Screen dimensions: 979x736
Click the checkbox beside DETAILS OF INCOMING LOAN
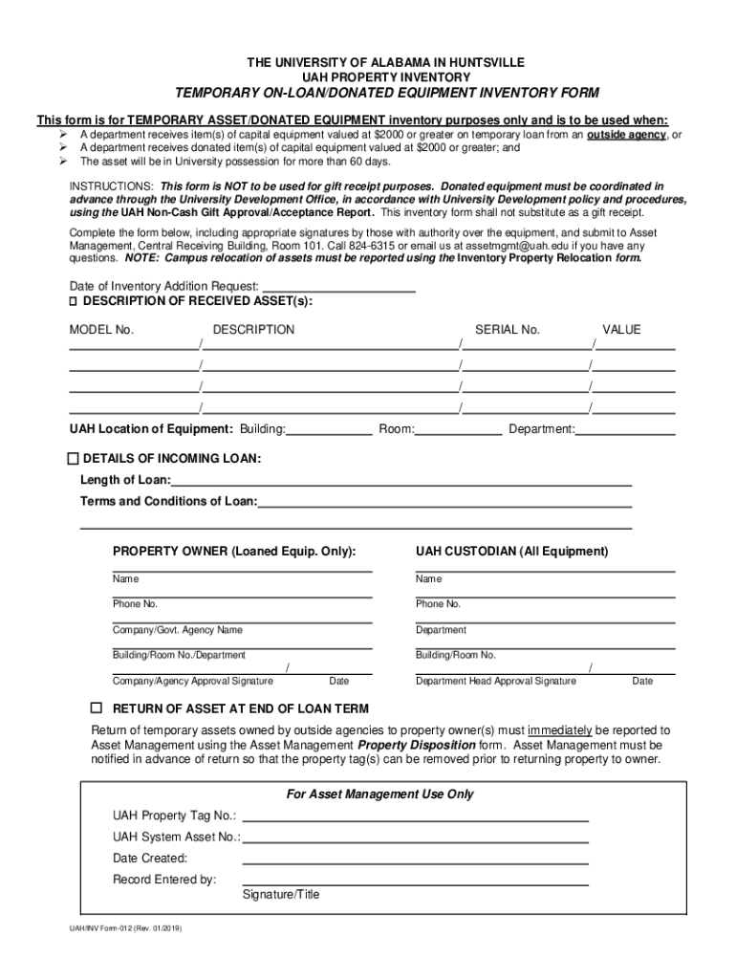(76, 458)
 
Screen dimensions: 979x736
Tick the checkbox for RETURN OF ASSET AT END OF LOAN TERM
(96, 708)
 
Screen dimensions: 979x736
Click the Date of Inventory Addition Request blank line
(338, 287)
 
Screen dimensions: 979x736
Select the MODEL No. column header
(101, 330)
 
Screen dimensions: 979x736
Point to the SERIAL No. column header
(508, 330)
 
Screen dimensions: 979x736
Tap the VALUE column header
(621, 330)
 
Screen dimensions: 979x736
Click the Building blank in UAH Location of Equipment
(329, 430)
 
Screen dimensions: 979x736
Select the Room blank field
(458, 430)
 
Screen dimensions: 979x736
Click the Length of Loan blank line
(401, 481)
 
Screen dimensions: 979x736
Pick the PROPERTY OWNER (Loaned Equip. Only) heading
(234, 552)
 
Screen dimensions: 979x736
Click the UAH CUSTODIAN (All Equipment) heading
(511, 552)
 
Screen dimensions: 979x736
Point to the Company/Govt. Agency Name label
(178, 630)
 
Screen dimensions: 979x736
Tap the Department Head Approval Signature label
(495, 682)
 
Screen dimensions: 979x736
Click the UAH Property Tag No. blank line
(416, 816)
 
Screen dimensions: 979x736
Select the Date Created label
(150, 859)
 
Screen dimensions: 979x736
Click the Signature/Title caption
(281, 895)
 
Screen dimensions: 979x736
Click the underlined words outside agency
(626, 135)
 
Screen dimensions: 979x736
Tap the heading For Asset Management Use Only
(379, 794)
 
